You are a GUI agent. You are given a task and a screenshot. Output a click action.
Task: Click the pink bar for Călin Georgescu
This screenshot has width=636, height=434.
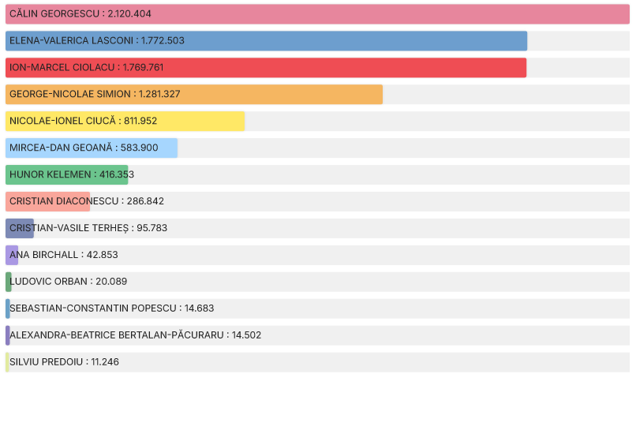(x=395, y=14)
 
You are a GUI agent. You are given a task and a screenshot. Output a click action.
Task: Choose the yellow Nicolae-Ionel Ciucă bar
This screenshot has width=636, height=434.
(x=197, y=122)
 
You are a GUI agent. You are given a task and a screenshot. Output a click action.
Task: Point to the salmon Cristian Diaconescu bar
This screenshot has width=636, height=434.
(x=47, y=201)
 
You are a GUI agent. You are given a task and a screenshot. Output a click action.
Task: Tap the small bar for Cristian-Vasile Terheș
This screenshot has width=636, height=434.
(x=20, y=228)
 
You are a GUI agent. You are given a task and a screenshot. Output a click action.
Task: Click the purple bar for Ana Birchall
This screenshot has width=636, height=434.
(x=12, y=255)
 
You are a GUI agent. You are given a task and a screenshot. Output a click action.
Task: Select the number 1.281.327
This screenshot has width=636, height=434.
(x=159, y=95)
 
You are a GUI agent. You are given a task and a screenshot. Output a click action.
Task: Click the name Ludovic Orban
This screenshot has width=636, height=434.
(x=48, y=282)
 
